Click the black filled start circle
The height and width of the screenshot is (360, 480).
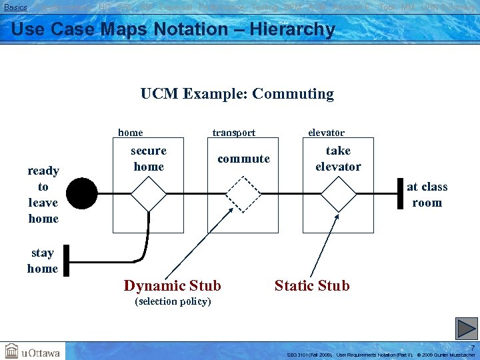[x=81, y=194]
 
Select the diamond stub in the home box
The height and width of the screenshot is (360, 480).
[x=148, y=194]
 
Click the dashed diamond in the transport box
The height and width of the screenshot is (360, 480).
[x=243, y=194]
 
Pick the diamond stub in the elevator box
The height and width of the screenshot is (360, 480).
[x=338, y=194]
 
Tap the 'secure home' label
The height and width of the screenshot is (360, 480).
[x=149, y=159]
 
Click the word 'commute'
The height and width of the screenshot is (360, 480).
[x=243, y=159]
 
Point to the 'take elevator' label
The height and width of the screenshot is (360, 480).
[x=338, y=159]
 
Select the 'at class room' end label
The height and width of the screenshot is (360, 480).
[x=427, y=195]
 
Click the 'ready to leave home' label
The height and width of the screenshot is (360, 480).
[x=43, y=195]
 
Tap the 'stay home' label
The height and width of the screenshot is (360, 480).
[x=42, y=261]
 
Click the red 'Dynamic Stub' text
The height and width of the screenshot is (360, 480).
[x=173, y=286]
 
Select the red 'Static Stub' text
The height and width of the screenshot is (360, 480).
[x=312, y=286]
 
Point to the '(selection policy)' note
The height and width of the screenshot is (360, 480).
[x=173, y=301]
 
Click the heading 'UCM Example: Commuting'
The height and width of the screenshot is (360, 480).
[x=237, y=94]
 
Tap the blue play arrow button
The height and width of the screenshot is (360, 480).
[x=467, y=328]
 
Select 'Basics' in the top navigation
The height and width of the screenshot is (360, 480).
[x=15, y=7]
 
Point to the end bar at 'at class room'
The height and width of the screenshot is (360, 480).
[x=401, y=193]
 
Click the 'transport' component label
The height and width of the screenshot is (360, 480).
[x=233, y=133]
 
